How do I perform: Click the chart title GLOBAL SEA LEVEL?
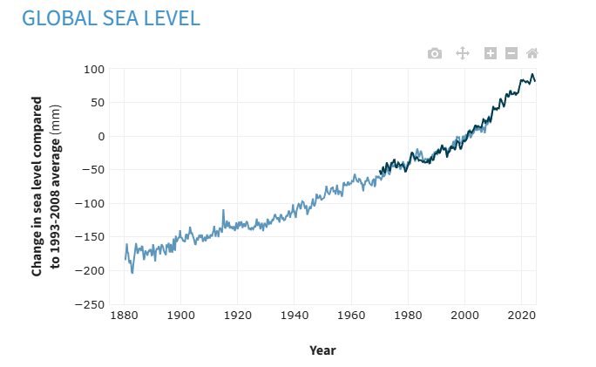point(111,17)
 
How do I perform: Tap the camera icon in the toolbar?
point(435,53)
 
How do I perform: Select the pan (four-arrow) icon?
point(463,53)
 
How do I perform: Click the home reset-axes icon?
point(532,53)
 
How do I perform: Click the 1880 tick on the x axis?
point(124,317)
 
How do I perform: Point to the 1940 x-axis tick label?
point(295,317)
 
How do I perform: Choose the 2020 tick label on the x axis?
point(522,317)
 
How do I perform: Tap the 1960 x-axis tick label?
point(351,317)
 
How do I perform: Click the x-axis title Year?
point(322,350)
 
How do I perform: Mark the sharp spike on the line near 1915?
point(223,210)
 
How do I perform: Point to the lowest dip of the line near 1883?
point(132,273)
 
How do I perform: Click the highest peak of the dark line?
point(532,74)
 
